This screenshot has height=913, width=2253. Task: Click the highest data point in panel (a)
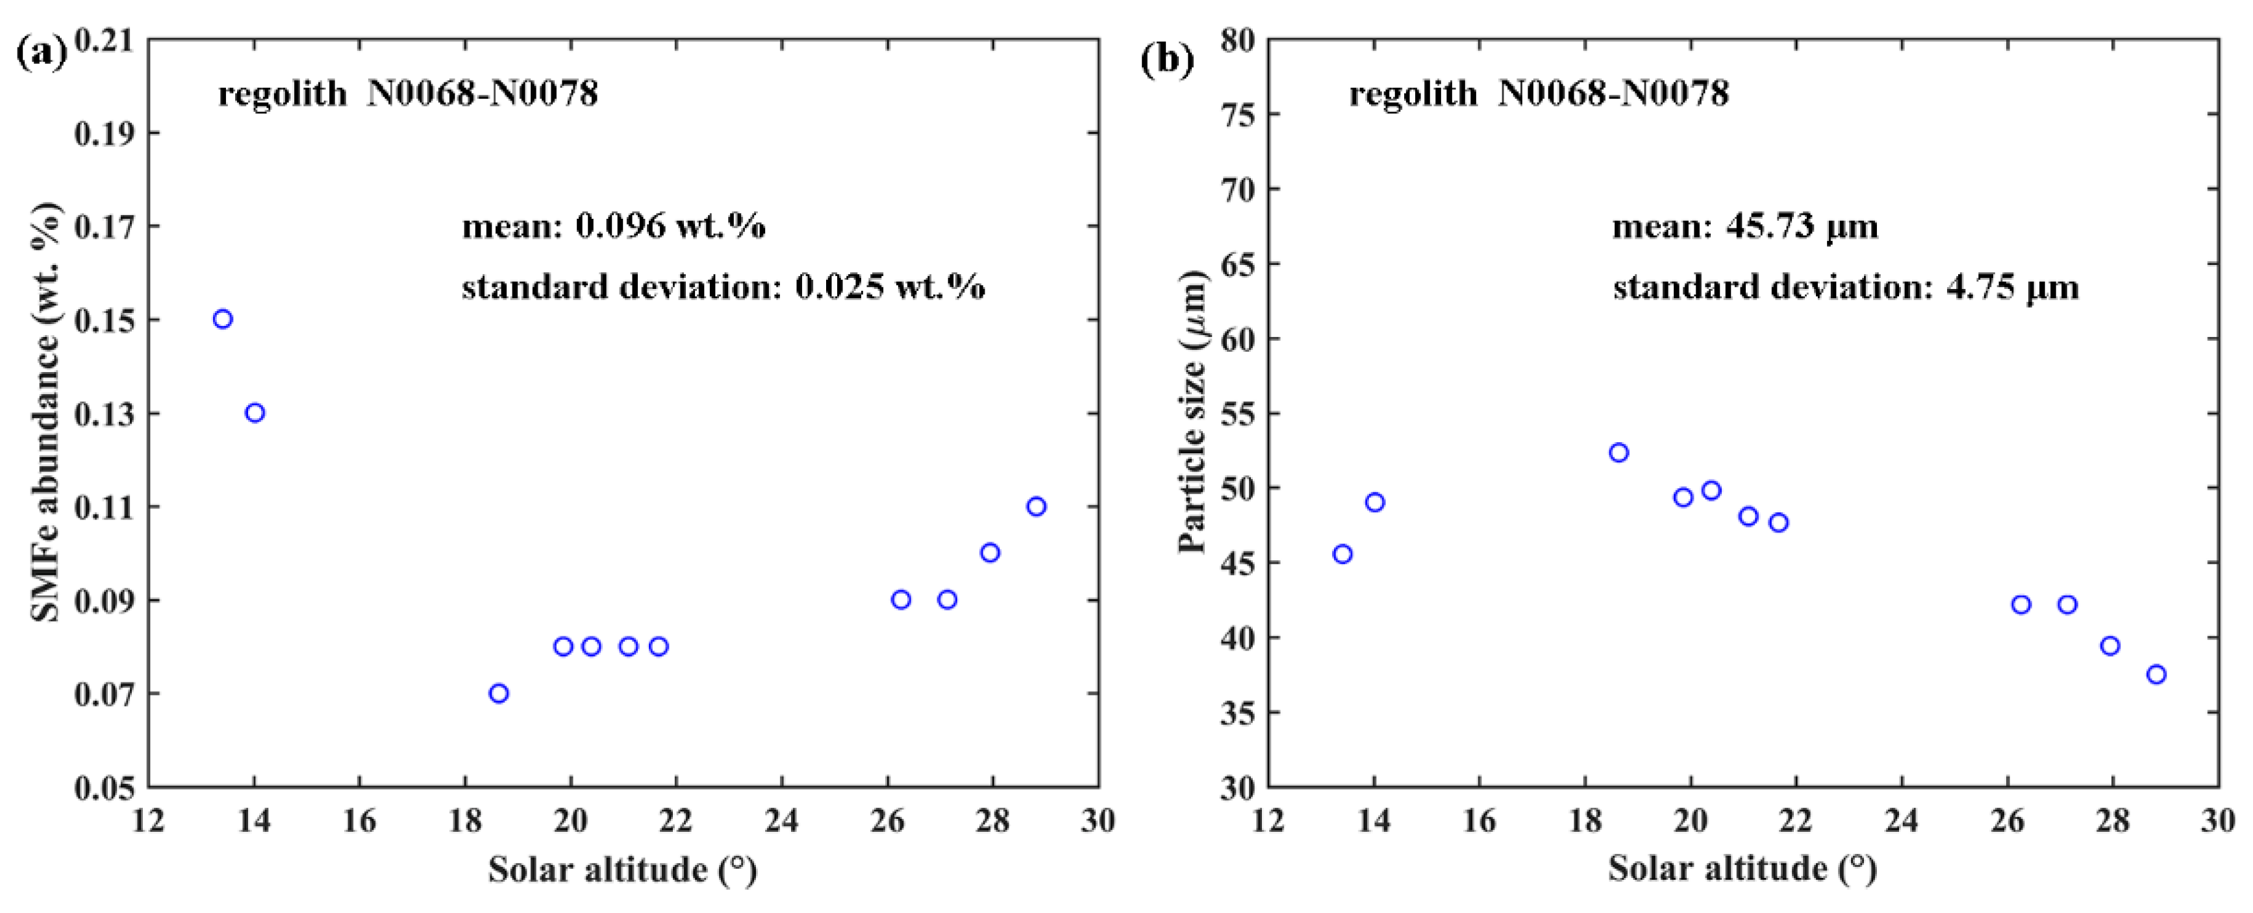[x=223, y=319]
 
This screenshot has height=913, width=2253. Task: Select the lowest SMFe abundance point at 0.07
[x=499, y=694]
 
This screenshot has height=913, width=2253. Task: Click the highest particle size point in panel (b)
[x=1619, y=452]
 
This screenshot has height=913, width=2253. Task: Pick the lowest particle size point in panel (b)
[x=2157, y=674]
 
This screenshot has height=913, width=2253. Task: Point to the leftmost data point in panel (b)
[x=1342, y=553]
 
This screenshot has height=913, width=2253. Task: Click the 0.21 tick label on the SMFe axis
[x=104, y=40]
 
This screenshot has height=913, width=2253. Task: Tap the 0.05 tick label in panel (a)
[x=104, y=788]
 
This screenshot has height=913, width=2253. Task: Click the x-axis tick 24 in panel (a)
[x=781, y=821]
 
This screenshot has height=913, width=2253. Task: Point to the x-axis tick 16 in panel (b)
[x=1479, y=821]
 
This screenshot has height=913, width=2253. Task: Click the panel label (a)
[x=41, y=54]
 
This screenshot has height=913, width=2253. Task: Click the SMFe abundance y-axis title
[x=45, y=411]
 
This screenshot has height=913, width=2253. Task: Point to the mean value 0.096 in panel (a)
[x=619, y=227]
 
